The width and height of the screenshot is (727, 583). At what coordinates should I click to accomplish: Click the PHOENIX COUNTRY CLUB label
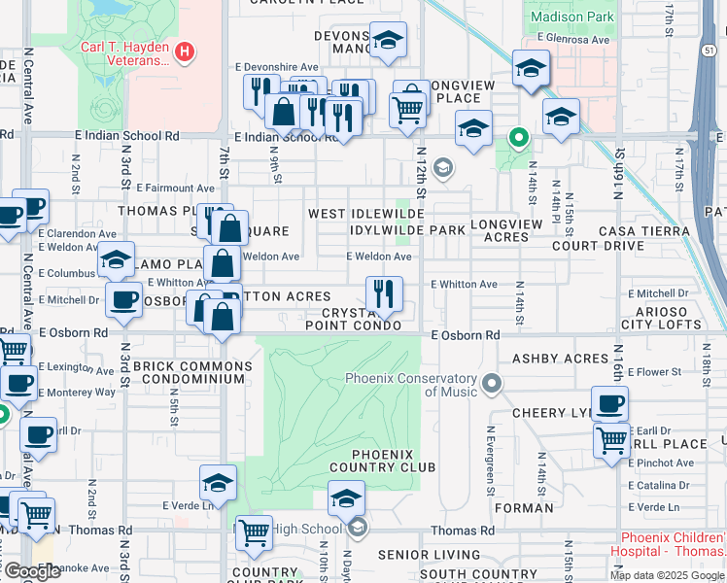pyautogui.click(x=369, y=461)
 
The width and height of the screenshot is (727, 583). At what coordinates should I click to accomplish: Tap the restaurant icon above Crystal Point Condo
pyautogui.click(x=384, y=292)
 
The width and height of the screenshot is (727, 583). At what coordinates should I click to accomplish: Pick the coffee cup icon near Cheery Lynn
pyautogui.click(x=609, y=403)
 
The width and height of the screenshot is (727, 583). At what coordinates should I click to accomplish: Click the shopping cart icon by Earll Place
pyautogui.click(x=611, y=439)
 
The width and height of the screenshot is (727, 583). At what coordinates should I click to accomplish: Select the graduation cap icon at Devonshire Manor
pyautogui.click(x=388, y=40)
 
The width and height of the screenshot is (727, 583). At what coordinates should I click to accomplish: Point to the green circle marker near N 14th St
pyautogui.click(x=519, y=138)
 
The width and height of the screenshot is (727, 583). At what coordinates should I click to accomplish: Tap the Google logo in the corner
pyautogui.click(x=31, y=571)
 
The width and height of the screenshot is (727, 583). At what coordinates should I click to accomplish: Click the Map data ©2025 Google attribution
pyautogui.click(x=667, y=575)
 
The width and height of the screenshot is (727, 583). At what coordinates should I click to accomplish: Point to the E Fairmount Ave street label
pyautogui.click(x=176, y=188)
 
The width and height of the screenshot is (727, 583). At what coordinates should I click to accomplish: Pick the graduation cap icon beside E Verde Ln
pyautogui.click(x=218, y=482)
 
